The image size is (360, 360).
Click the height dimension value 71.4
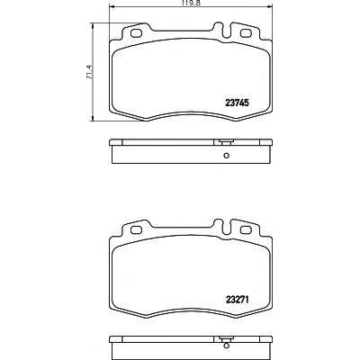point(89,72)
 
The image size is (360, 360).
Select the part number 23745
point(237,103)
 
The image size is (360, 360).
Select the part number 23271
point(237,300)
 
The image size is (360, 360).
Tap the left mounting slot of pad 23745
point(137,33)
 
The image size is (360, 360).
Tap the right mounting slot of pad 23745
point(246,33)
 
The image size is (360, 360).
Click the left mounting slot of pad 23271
point(137,229)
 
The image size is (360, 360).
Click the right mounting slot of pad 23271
point(246,229)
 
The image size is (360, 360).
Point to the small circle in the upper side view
point(226,156)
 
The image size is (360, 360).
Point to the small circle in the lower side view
point(226,352)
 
